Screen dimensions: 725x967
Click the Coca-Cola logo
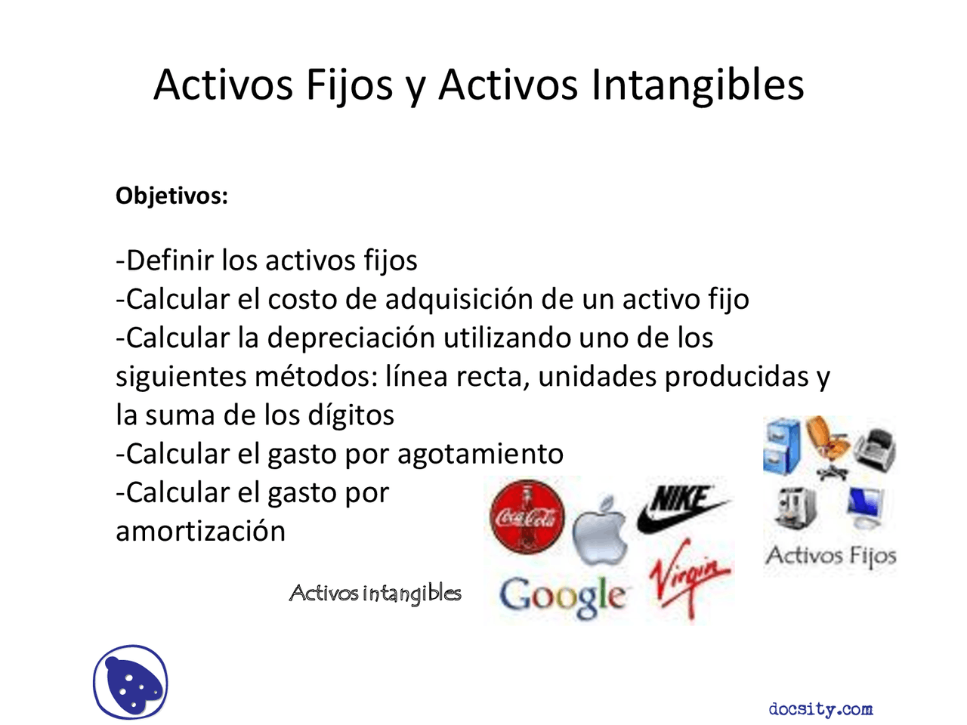[527, 517]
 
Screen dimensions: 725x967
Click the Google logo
[563, 596]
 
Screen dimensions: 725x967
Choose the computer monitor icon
[866, 506]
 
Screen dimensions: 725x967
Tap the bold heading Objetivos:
[171, 196]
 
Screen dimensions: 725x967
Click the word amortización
[200, 531]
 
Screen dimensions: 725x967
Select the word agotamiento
[480, 454]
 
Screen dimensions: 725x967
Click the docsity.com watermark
[820, 709]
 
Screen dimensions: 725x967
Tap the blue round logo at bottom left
[131, 683]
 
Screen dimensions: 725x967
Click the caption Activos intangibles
[375, 594]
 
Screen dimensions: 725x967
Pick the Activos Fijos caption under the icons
[831, 557]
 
